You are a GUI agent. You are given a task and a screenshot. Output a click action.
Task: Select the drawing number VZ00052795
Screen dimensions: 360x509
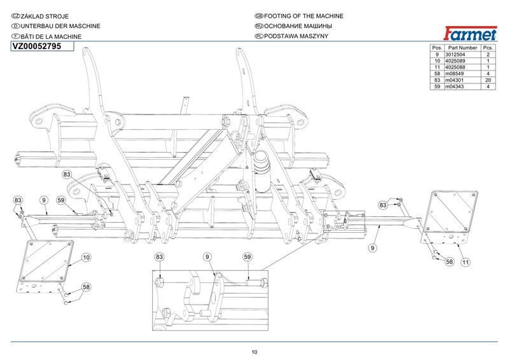click(37, 46)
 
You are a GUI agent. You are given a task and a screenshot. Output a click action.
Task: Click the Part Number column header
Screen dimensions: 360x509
click(462, 48)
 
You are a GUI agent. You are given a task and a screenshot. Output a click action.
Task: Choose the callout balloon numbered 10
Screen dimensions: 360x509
click(86, 258)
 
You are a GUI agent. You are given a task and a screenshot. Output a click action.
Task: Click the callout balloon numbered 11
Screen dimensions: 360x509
click(466, 262)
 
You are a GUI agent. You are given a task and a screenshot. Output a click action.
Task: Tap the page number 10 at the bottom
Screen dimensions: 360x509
click(254, 352)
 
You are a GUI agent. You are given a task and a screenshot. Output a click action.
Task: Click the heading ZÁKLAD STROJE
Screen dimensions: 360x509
click(45, 15)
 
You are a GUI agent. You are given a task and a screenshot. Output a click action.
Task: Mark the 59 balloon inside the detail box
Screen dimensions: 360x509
click(248, 257)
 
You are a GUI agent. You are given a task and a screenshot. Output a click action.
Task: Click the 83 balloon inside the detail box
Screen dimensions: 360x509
click(160, 257)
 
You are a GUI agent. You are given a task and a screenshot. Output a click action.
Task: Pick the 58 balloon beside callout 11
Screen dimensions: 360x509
click(449, 261)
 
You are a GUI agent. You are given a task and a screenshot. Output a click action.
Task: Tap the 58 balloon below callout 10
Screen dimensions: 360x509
click(86, 287)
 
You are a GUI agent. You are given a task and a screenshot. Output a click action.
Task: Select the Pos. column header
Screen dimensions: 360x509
click(436, 48)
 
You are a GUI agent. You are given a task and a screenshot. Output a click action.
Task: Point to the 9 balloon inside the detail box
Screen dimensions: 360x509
click(207, 257)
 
